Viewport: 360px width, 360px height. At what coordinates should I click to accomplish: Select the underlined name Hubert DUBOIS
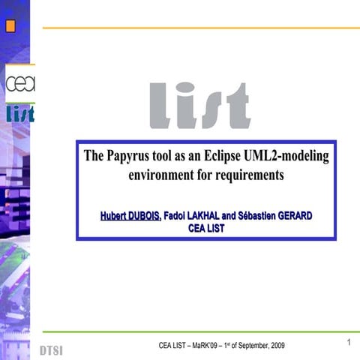(130, 216)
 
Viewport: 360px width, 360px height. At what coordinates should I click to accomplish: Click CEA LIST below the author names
(205, 228)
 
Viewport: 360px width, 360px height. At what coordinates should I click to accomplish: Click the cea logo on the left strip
(19, 83)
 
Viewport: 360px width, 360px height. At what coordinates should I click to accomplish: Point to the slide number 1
(349, 343)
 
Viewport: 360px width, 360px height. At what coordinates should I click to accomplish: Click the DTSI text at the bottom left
(51, 351)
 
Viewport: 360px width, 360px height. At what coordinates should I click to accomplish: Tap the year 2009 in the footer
(277, 344)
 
